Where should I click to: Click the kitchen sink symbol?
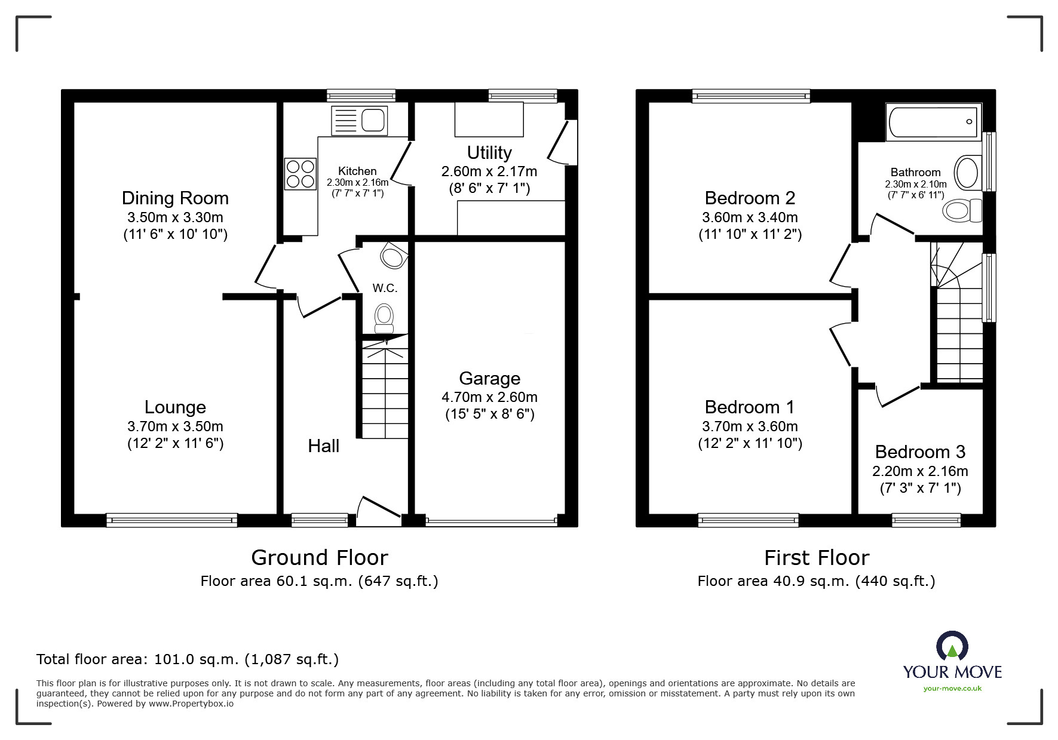(359, 120)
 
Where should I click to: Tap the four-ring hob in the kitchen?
(300, 173)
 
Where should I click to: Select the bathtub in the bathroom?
(933, 122)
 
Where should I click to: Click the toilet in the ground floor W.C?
(384, 318)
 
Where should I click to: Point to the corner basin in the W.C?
(394, 256)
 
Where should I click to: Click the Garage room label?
(489, 378)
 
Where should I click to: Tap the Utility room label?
(489, 153)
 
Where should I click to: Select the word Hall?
(324, 446)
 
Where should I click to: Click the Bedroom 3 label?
(920, 452)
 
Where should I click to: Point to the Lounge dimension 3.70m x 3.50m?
(175, 426)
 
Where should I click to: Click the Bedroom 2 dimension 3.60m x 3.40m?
(750, 217)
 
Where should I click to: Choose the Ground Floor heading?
(320, 557)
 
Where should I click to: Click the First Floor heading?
(817, 557)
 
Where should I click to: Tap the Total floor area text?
(188, 659)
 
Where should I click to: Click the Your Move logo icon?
(952, 647)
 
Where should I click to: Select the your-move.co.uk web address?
(952, 689)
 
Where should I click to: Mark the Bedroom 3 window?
(926, 520)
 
